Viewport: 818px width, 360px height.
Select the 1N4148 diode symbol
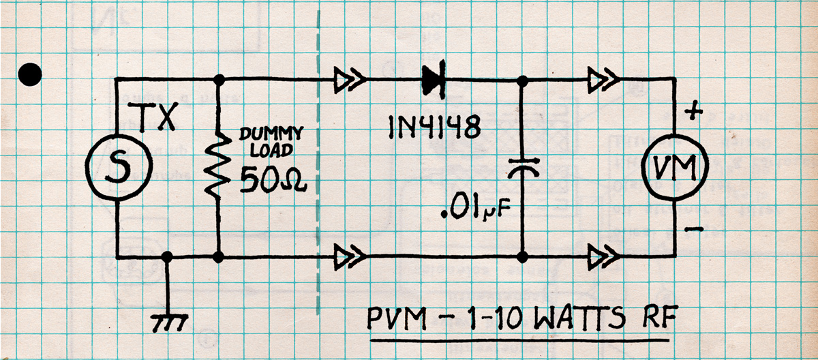pos(434,80)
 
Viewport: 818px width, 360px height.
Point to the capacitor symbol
pos(522,167)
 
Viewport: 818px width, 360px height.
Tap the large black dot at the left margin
pos(30,74)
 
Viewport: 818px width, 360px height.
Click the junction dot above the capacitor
pos(522,80)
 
